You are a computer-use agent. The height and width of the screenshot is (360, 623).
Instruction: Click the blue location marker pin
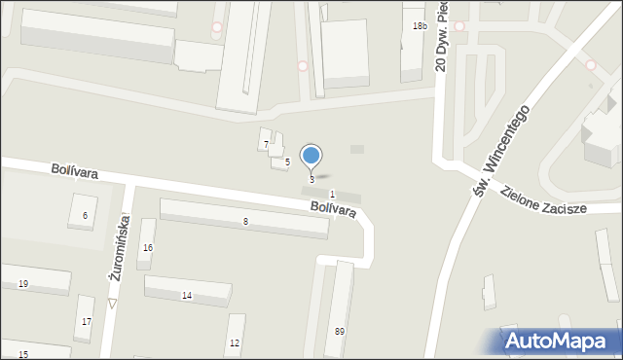[311, 156]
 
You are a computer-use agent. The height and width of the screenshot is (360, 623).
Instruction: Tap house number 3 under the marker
[311, 180]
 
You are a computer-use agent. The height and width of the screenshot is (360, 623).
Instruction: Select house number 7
[266, 145]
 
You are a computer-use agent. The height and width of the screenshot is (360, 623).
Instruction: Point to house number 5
[287, 162]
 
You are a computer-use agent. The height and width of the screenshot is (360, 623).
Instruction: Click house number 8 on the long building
[245, 223]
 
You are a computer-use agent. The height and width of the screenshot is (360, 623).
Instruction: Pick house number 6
[85, 215]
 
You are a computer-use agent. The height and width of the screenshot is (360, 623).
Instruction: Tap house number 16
[148, 248]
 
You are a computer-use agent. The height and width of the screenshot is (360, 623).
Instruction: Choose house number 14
[187, 295]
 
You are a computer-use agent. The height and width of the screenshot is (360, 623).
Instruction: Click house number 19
[22, 283]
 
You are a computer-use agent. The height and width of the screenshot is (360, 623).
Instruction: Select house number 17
[87, 322]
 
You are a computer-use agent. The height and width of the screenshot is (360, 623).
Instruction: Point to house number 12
[235, 343]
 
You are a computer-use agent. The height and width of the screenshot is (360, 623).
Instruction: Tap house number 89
[340, 332]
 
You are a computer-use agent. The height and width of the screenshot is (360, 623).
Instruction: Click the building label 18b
[419, 26]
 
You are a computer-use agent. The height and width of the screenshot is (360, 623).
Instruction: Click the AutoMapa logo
[550, 341]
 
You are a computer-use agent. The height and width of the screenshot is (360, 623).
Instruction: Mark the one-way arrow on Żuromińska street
[112, 304]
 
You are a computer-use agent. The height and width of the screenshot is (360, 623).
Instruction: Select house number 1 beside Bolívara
[332, 195]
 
